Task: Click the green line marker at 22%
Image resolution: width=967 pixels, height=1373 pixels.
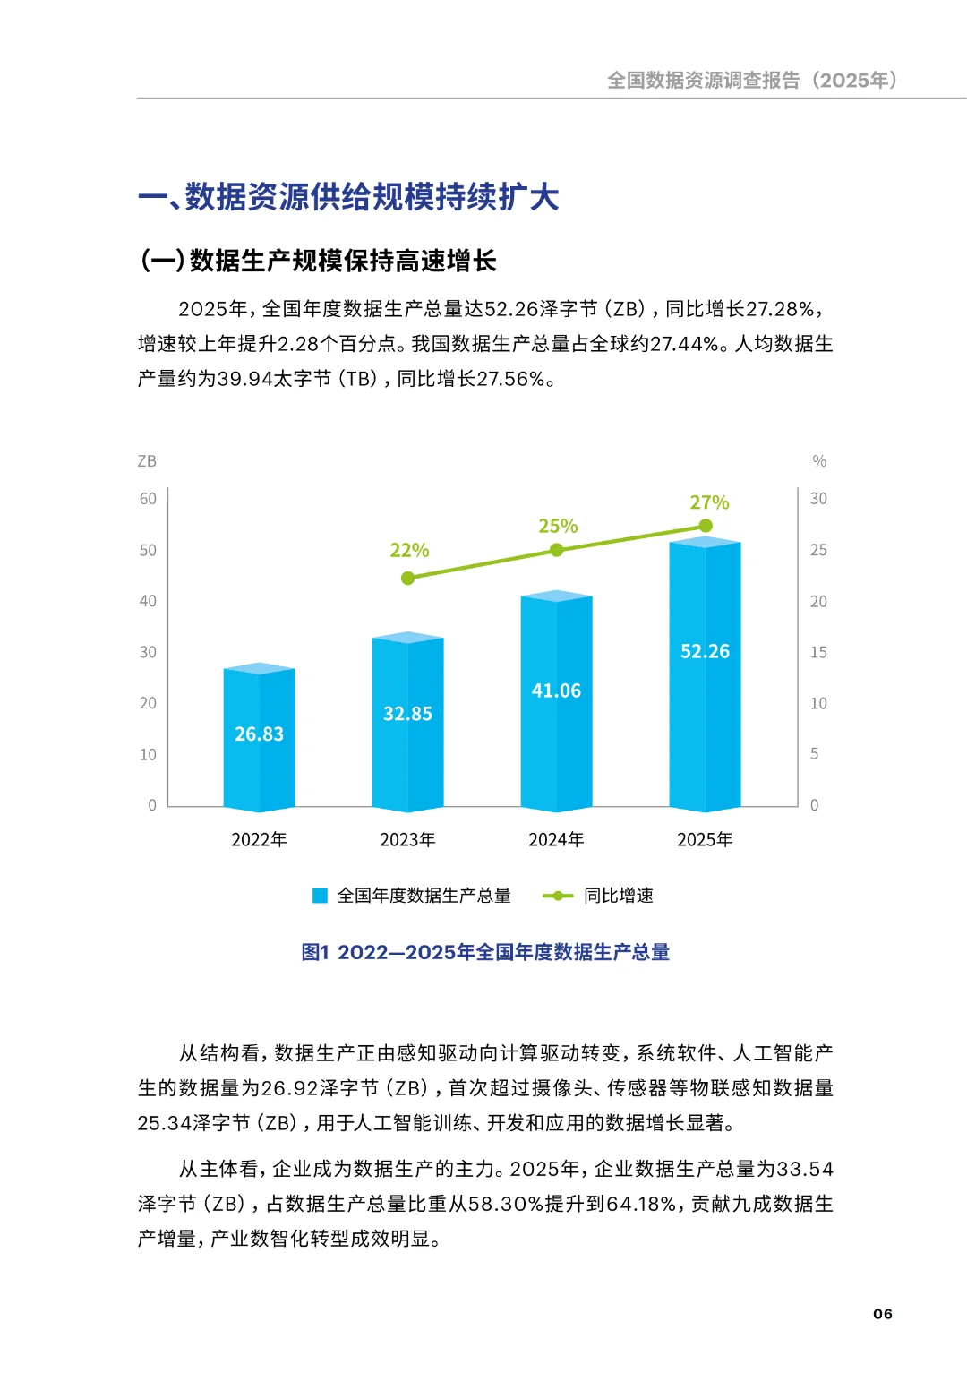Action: pos(408,578)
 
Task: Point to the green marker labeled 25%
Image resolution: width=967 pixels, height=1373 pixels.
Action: pos(556,550)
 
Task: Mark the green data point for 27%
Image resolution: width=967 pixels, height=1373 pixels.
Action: pos(706,526)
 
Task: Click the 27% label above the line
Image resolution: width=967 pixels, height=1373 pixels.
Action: pos(709,502)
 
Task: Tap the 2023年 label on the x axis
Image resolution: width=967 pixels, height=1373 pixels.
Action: pos(407,839)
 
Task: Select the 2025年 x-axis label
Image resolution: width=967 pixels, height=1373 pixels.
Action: pos(705,839)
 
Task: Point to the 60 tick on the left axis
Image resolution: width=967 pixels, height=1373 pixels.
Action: pos(148,499)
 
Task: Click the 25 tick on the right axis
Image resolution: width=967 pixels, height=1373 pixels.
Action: pos(818,550)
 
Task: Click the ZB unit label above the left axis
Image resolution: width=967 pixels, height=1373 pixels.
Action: pos(147,461)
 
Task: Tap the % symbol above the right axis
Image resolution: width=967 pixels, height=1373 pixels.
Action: pos(819,461)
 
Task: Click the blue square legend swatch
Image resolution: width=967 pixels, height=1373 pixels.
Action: pos(320,896)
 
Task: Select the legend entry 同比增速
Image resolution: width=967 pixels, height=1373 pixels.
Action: pos(618,896)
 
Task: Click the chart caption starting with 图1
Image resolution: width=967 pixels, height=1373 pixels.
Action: pos(485,952)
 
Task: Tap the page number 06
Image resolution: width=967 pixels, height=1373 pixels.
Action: pos(883,1314)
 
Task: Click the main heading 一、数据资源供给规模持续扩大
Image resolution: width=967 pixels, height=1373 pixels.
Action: pos(348,197)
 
